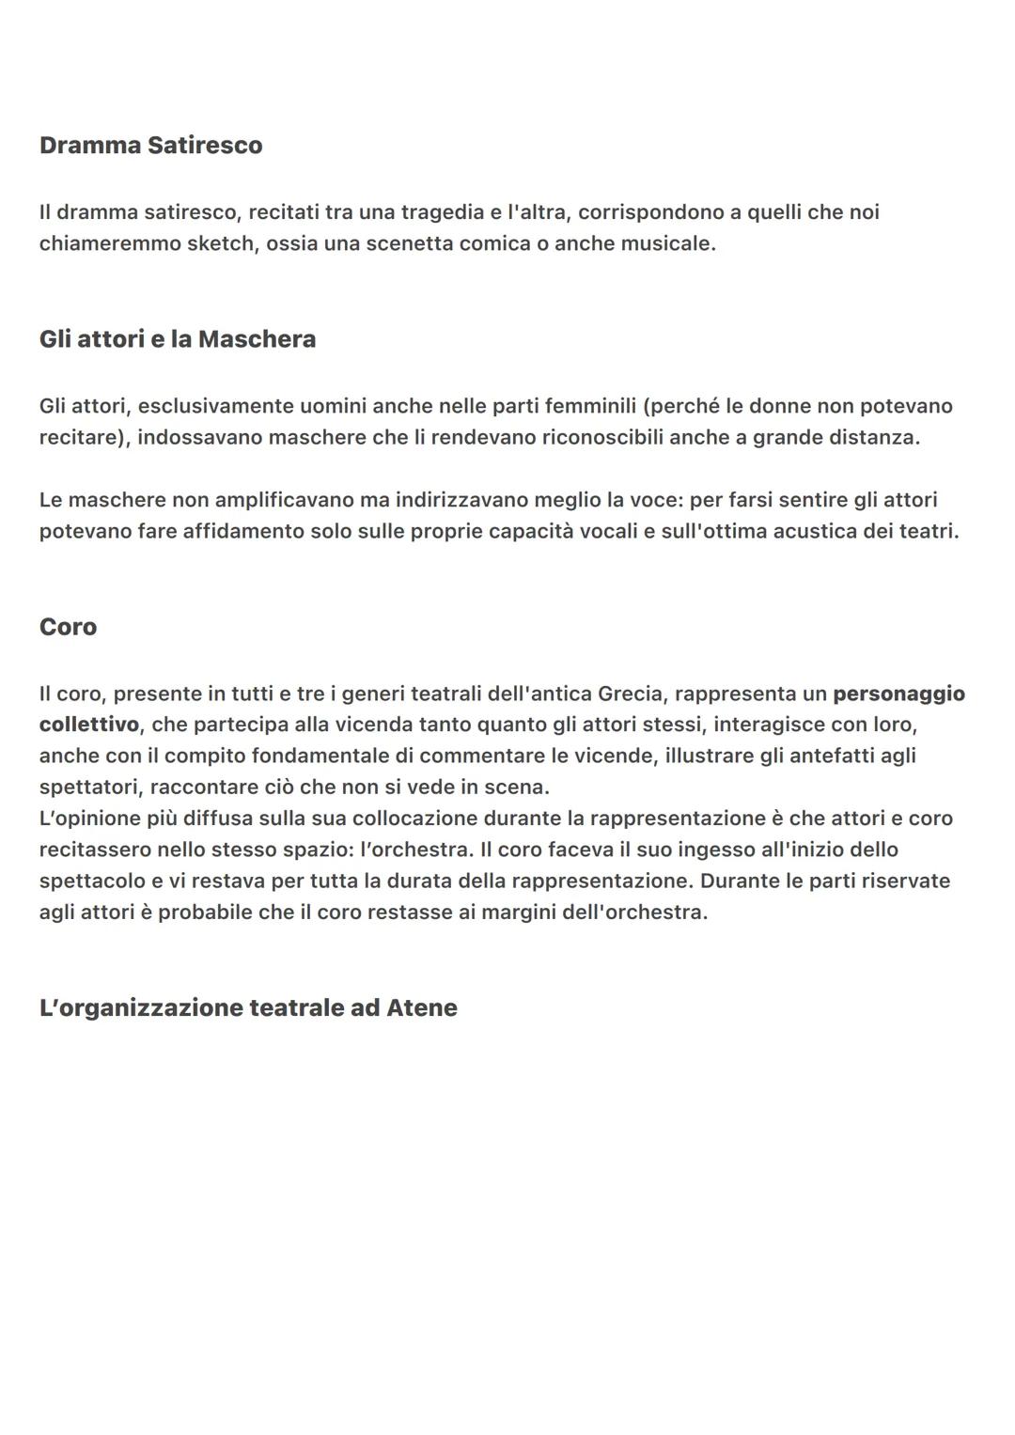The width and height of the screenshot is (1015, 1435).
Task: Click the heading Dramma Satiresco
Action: [150, 146]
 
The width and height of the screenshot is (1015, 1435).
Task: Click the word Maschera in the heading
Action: [257, 339]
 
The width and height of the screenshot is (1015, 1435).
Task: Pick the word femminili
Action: [586, 406]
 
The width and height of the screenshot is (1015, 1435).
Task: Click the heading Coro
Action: [68, 627]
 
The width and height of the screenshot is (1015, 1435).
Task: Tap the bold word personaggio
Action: [898, 694]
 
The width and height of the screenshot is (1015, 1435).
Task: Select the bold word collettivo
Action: [88, 725]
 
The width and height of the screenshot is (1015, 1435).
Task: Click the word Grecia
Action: [630, 694]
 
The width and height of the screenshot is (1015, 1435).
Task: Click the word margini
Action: [516, 912]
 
